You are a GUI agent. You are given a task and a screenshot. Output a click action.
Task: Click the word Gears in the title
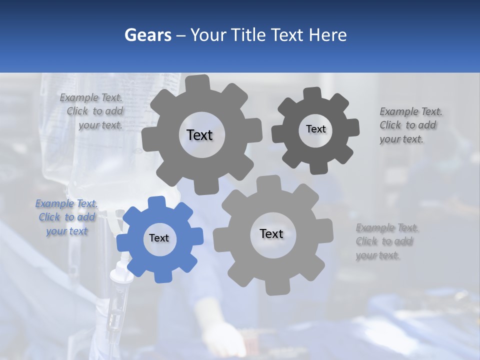point(147,35)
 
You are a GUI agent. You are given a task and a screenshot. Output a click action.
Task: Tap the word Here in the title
point(328,35)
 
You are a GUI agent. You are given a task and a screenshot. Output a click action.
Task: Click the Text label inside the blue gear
point(159,238)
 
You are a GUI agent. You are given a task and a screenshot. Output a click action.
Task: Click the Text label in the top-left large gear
point(200,135)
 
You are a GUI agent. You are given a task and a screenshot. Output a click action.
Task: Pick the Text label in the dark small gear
point(315,129)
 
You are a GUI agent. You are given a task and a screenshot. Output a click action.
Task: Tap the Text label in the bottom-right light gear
point(271,234)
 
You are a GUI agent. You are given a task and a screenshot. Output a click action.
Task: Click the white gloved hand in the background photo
point(232,337)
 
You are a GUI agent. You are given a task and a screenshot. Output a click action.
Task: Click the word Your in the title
point(212,35)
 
